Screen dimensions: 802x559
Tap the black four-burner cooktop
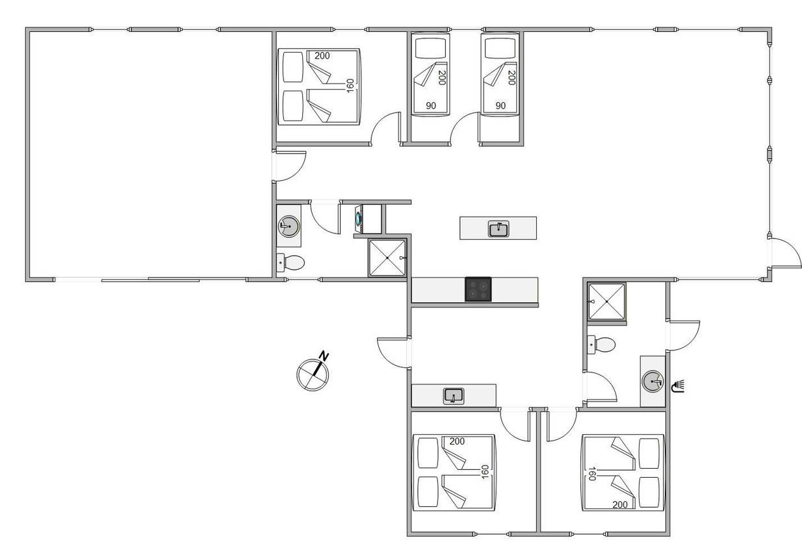click(x=478, y=289)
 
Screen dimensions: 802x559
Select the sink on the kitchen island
click(x=498, y=228)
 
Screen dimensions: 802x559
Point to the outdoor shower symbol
click(x=678, y=386)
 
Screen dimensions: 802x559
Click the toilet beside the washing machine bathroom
click(x=291, y=263)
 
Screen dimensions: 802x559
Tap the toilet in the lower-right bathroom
click(x=602, y=344)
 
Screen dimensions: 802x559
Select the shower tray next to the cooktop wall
click(x=387, y=258)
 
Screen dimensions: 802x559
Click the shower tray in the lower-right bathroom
click(x=607, y=302)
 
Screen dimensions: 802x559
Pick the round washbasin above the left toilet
click(x=289, y=226)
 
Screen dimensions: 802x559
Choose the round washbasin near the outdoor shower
click(x=653, y=381)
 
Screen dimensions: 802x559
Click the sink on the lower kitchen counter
click(x=454, y=396)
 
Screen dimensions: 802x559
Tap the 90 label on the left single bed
click(x=431, y=106)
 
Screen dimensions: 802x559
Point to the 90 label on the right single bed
click(x=500, y=106)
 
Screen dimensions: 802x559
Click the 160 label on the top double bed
click(x=350, y=86)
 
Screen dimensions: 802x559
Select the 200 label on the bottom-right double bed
click(x=620, y=504)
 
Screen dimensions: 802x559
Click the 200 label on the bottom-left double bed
click(x=457, y=441)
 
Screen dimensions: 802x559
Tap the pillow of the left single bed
click(x=431, y=47)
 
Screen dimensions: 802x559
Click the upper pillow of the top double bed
click(x=293, y=67)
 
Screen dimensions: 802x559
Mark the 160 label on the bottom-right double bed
click(x=592, y=473)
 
